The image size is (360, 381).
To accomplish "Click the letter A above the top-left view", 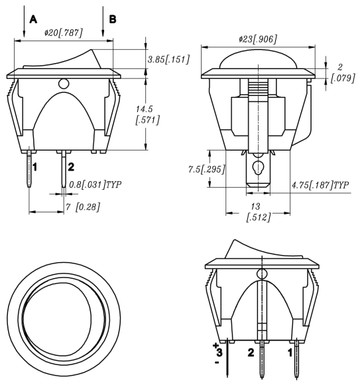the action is pyautogui.click(x=33, y=19).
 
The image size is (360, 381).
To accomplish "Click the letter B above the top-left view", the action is pyautogui.click(x=113, y=19).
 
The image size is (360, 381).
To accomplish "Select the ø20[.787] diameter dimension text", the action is pyautogui.click(x=64, y=33).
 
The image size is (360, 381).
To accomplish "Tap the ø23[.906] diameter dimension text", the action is pyautogui.click(x=257, y=39).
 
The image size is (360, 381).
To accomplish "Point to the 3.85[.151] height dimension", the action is pyautogui.click(x=168, y=59).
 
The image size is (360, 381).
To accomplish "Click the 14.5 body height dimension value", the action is pyautogui.click(x=144, y=109).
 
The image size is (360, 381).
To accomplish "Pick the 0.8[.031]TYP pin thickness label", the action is pyautogui.click(x=95, y=185).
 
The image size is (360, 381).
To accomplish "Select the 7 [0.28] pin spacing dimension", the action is pyautogui.click(x=83, y=207).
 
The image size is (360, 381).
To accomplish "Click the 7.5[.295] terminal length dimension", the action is pyautogui.click(x=207, y=169).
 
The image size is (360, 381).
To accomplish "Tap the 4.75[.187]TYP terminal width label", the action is pyautogui.click(x=320, y=185).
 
